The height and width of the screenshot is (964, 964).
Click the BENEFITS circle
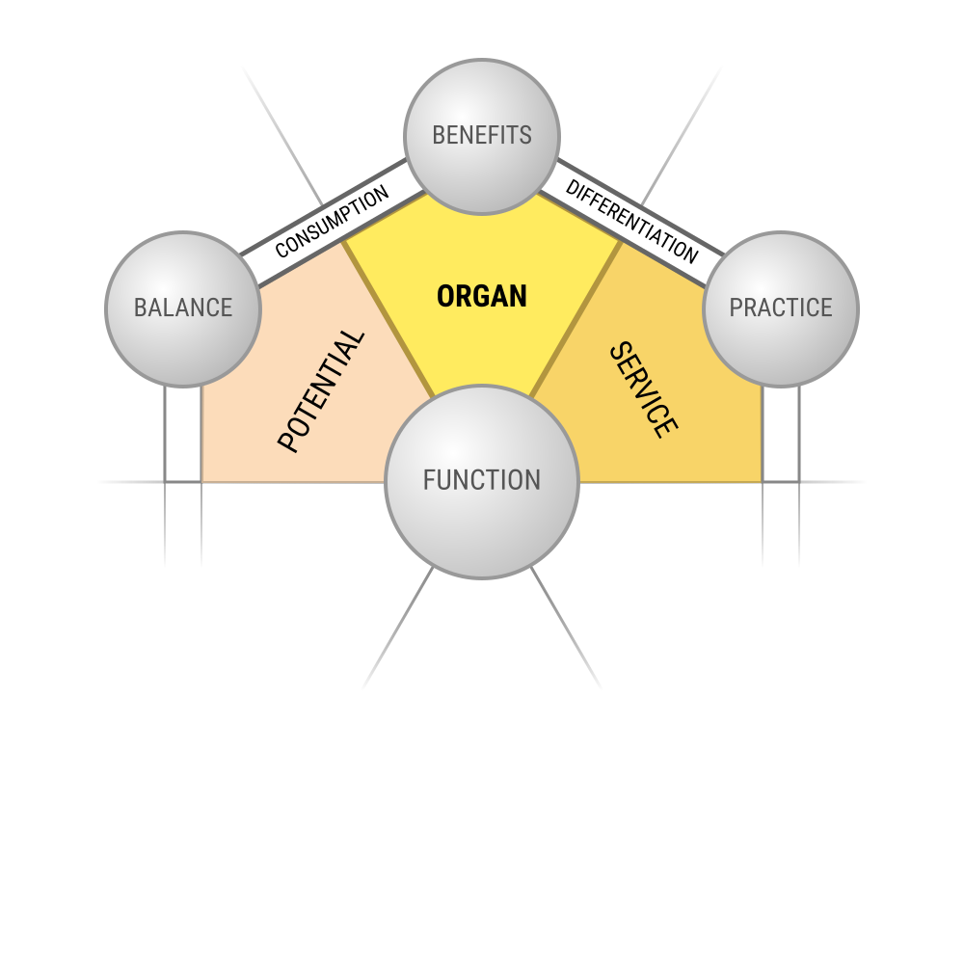coord(482,137)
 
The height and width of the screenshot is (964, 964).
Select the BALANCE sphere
coord(183,309)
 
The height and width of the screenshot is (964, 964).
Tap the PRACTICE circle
coord(781,309)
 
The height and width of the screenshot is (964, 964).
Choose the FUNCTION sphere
coord(482,482)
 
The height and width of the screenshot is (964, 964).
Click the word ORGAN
coord(482,296)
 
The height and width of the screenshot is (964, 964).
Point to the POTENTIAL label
coord(321,391)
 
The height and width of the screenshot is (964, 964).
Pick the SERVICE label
coord(644,389)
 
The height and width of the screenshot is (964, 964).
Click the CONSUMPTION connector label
coord(332,222)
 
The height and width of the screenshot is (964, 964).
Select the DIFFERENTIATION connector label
coord(632,222)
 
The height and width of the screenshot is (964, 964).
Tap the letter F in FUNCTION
coord(429,480)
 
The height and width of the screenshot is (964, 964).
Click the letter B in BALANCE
coord(140,308)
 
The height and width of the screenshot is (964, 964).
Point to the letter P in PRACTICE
coord(736,308)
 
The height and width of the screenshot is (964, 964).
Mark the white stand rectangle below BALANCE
coord(183,434)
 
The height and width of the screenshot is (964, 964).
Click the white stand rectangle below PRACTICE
coord(781,434)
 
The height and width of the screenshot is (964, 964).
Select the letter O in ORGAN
coord(444,296)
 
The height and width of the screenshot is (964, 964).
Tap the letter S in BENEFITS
coord(526,135)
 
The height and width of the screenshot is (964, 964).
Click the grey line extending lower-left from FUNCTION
coord(398,628)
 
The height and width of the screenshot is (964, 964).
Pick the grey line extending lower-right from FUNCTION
coord(566,628)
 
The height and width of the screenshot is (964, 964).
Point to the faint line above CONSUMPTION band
coord(282,136)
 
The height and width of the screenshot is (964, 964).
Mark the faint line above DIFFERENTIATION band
coord(682,136)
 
